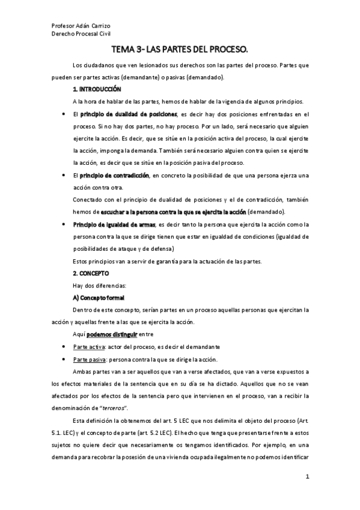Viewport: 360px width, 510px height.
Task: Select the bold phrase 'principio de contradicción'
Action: coord(114,175)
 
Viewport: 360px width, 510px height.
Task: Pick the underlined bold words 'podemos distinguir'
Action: coord(112,334)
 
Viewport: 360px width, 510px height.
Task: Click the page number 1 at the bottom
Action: coord(307,478)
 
